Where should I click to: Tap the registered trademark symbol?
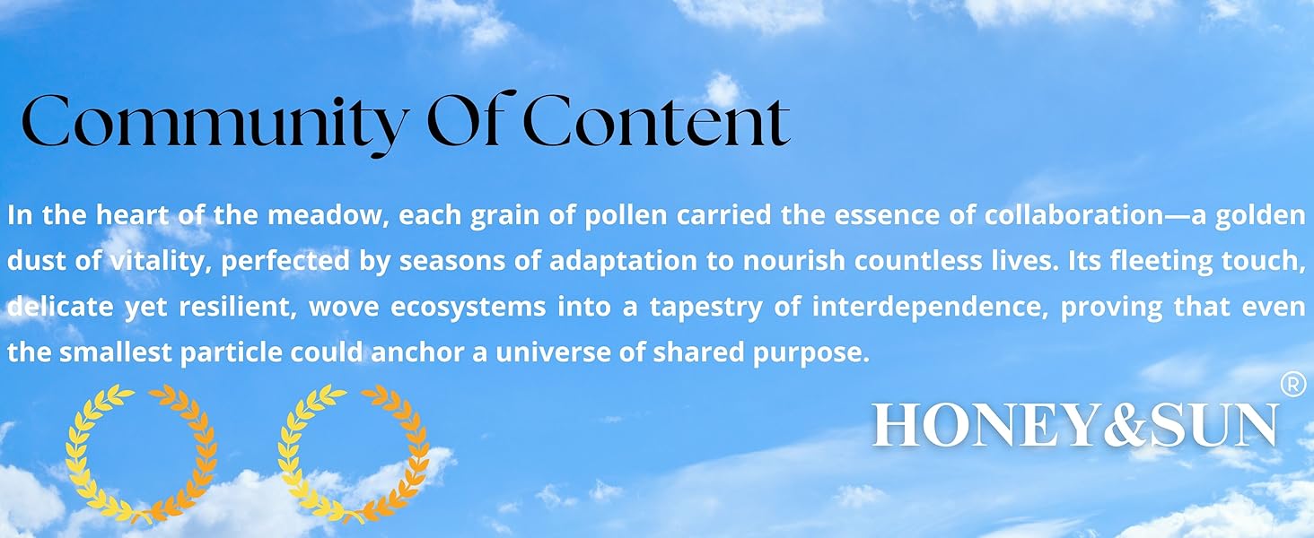point(1292,384)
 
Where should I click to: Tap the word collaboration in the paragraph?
point(1073,215)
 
